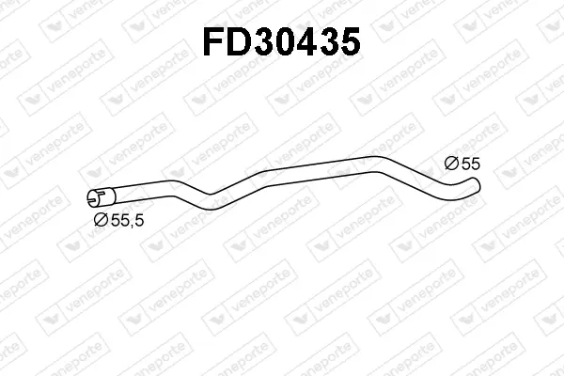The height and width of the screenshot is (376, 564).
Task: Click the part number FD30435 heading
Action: pos(282,41)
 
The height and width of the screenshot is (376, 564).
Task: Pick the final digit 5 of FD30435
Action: pos(350,42)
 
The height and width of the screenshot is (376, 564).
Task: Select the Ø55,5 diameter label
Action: pos(118,219)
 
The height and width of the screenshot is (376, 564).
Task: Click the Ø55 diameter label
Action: pos(462,164)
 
